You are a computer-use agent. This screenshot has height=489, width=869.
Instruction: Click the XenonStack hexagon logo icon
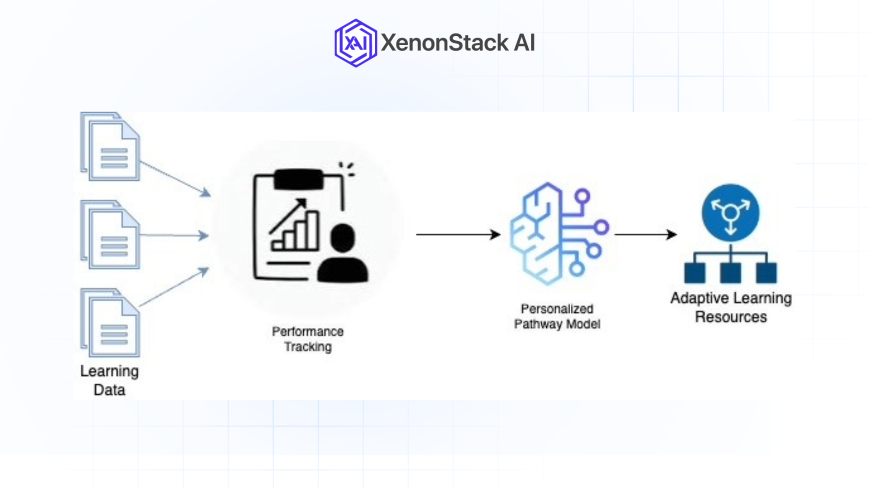[x=355, y=43]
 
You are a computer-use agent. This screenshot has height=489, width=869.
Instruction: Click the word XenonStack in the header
[x=444, y=43]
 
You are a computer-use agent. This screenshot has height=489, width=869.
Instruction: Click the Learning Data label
[x=110, y=380]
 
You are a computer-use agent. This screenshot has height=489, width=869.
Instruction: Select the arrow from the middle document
[x=174, y=235]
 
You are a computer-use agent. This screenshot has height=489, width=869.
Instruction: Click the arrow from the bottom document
[x=174, y=288]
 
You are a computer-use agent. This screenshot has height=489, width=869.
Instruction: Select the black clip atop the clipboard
[x=299, y=179]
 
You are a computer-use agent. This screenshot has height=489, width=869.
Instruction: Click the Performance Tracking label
[x=308, y=339]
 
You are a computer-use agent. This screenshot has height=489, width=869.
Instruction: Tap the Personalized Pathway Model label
[x=557, y=316]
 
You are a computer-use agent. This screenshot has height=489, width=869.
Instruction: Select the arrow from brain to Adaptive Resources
[x=645, y=235]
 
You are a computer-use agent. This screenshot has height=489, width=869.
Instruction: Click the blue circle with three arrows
[x=731, y=212]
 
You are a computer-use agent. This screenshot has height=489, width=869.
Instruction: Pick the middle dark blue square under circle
[x=731, y=273]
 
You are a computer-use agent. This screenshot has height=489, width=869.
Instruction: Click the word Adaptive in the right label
[x=699, y=298]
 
